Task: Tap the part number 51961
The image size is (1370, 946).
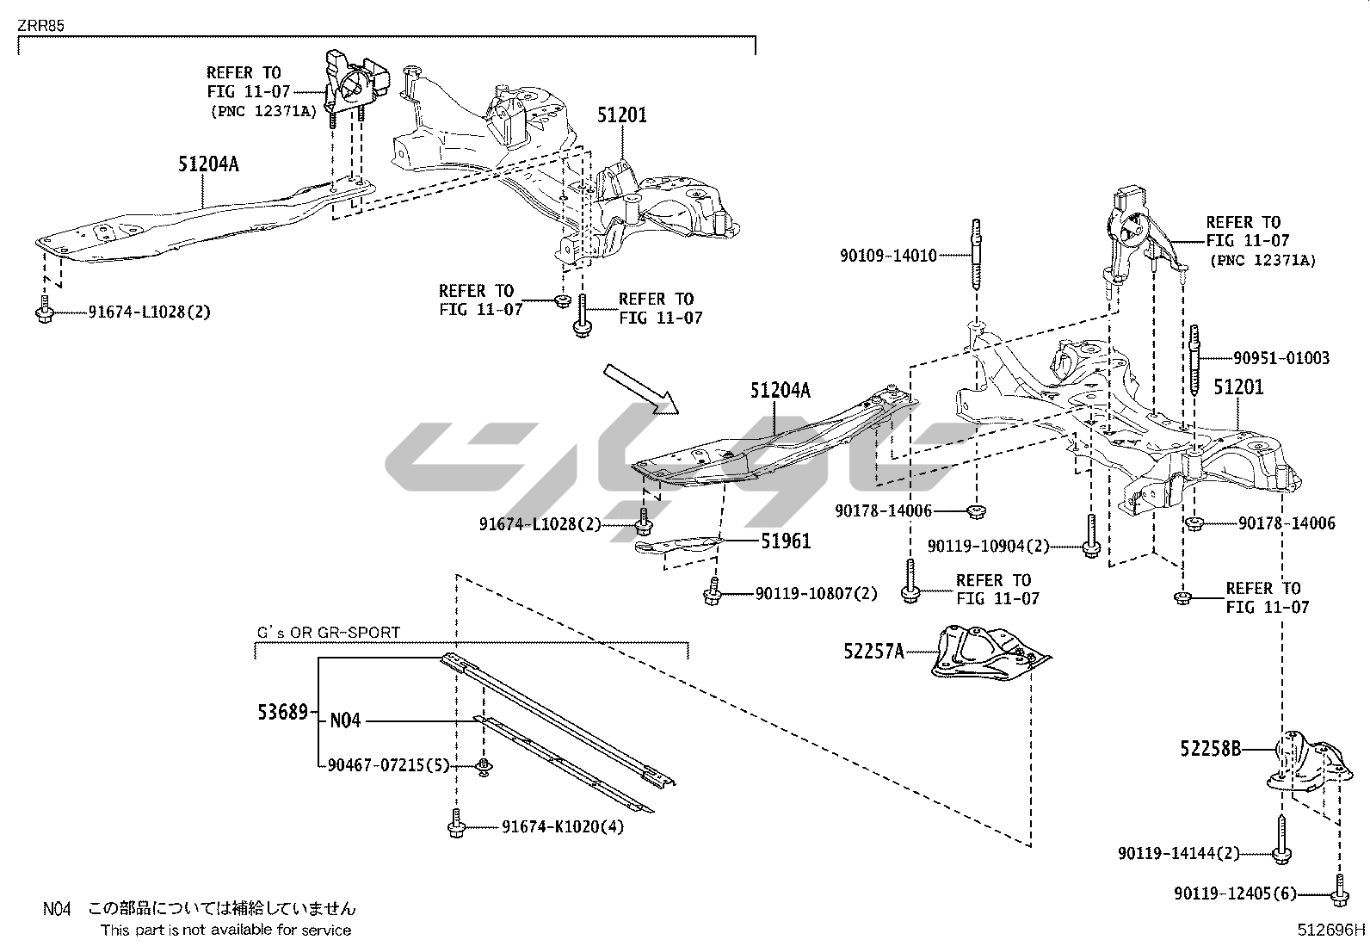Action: tap(786, 541)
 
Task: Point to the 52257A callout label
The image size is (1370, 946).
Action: tap(873, 652)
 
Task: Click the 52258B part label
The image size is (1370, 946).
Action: tap(1210, 749)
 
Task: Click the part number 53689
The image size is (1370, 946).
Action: tap(282, 712)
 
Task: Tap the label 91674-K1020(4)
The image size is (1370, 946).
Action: tap(563, 828)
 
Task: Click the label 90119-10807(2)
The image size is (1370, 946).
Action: tap(817, 593)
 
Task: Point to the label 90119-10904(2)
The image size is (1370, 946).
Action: tap(989, 546)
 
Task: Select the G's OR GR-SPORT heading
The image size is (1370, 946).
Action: tap(329, 633)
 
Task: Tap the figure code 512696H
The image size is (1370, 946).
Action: tap(1332, 930)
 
